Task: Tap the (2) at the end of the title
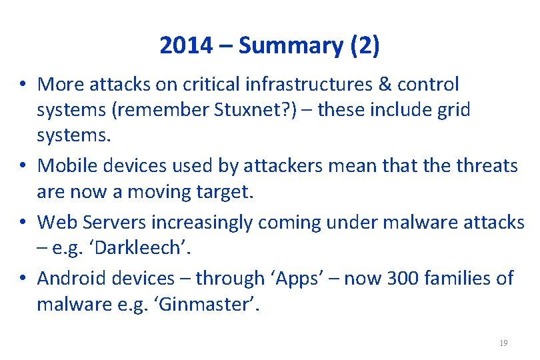click(x=364, y=45)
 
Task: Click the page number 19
click(x=503, y=343)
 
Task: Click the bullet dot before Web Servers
click(x=23, y=222)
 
